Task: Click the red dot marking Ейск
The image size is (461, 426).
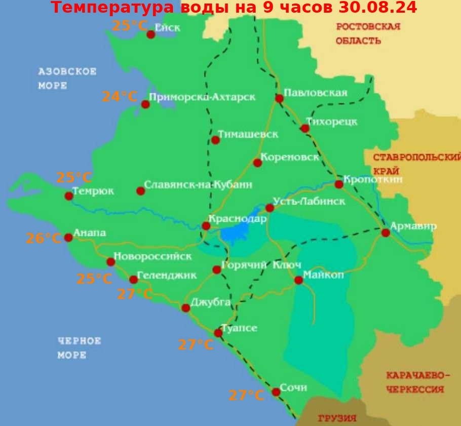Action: (x=150, y=34)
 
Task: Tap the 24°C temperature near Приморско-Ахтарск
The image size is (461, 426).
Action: (x=120, y=96)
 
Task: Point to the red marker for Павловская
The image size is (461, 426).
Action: (x=279, y=98)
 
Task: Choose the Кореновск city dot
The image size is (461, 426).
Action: (x=257, y=163)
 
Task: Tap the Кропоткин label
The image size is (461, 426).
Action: (x=373, y=179)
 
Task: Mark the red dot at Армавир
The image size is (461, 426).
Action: (x=386, y=233)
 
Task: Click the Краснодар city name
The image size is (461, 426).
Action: (x=238, y=220)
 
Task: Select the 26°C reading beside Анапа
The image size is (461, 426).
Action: (x=44, y=238)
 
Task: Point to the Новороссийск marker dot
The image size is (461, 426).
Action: (x=111, y=262)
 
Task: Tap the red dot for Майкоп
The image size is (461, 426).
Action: (x=299, y=280)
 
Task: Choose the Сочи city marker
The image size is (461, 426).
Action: (x=276, y=392)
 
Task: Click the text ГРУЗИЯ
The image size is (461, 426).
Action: (x=337, y=419)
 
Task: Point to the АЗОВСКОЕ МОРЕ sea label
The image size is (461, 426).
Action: (x=67, y=79)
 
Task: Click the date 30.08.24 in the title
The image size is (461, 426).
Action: (x=377, y=8)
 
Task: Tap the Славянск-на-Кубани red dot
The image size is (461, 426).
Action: (x=140, y=191)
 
